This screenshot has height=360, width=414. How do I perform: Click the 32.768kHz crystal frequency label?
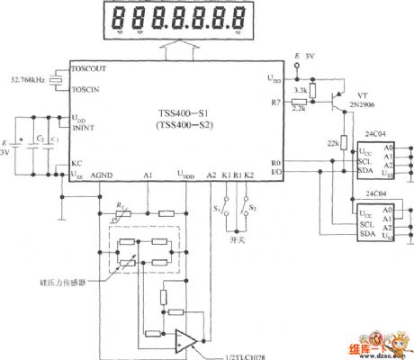[x=26, y=81]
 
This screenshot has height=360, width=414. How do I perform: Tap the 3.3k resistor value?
[x=301, y=91]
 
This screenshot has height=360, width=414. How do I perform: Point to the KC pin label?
[x=76, y=163]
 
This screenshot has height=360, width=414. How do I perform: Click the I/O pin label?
[x=275, y=170]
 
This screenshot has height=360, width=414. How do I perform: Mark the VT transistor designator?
[x=363, y=93]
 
